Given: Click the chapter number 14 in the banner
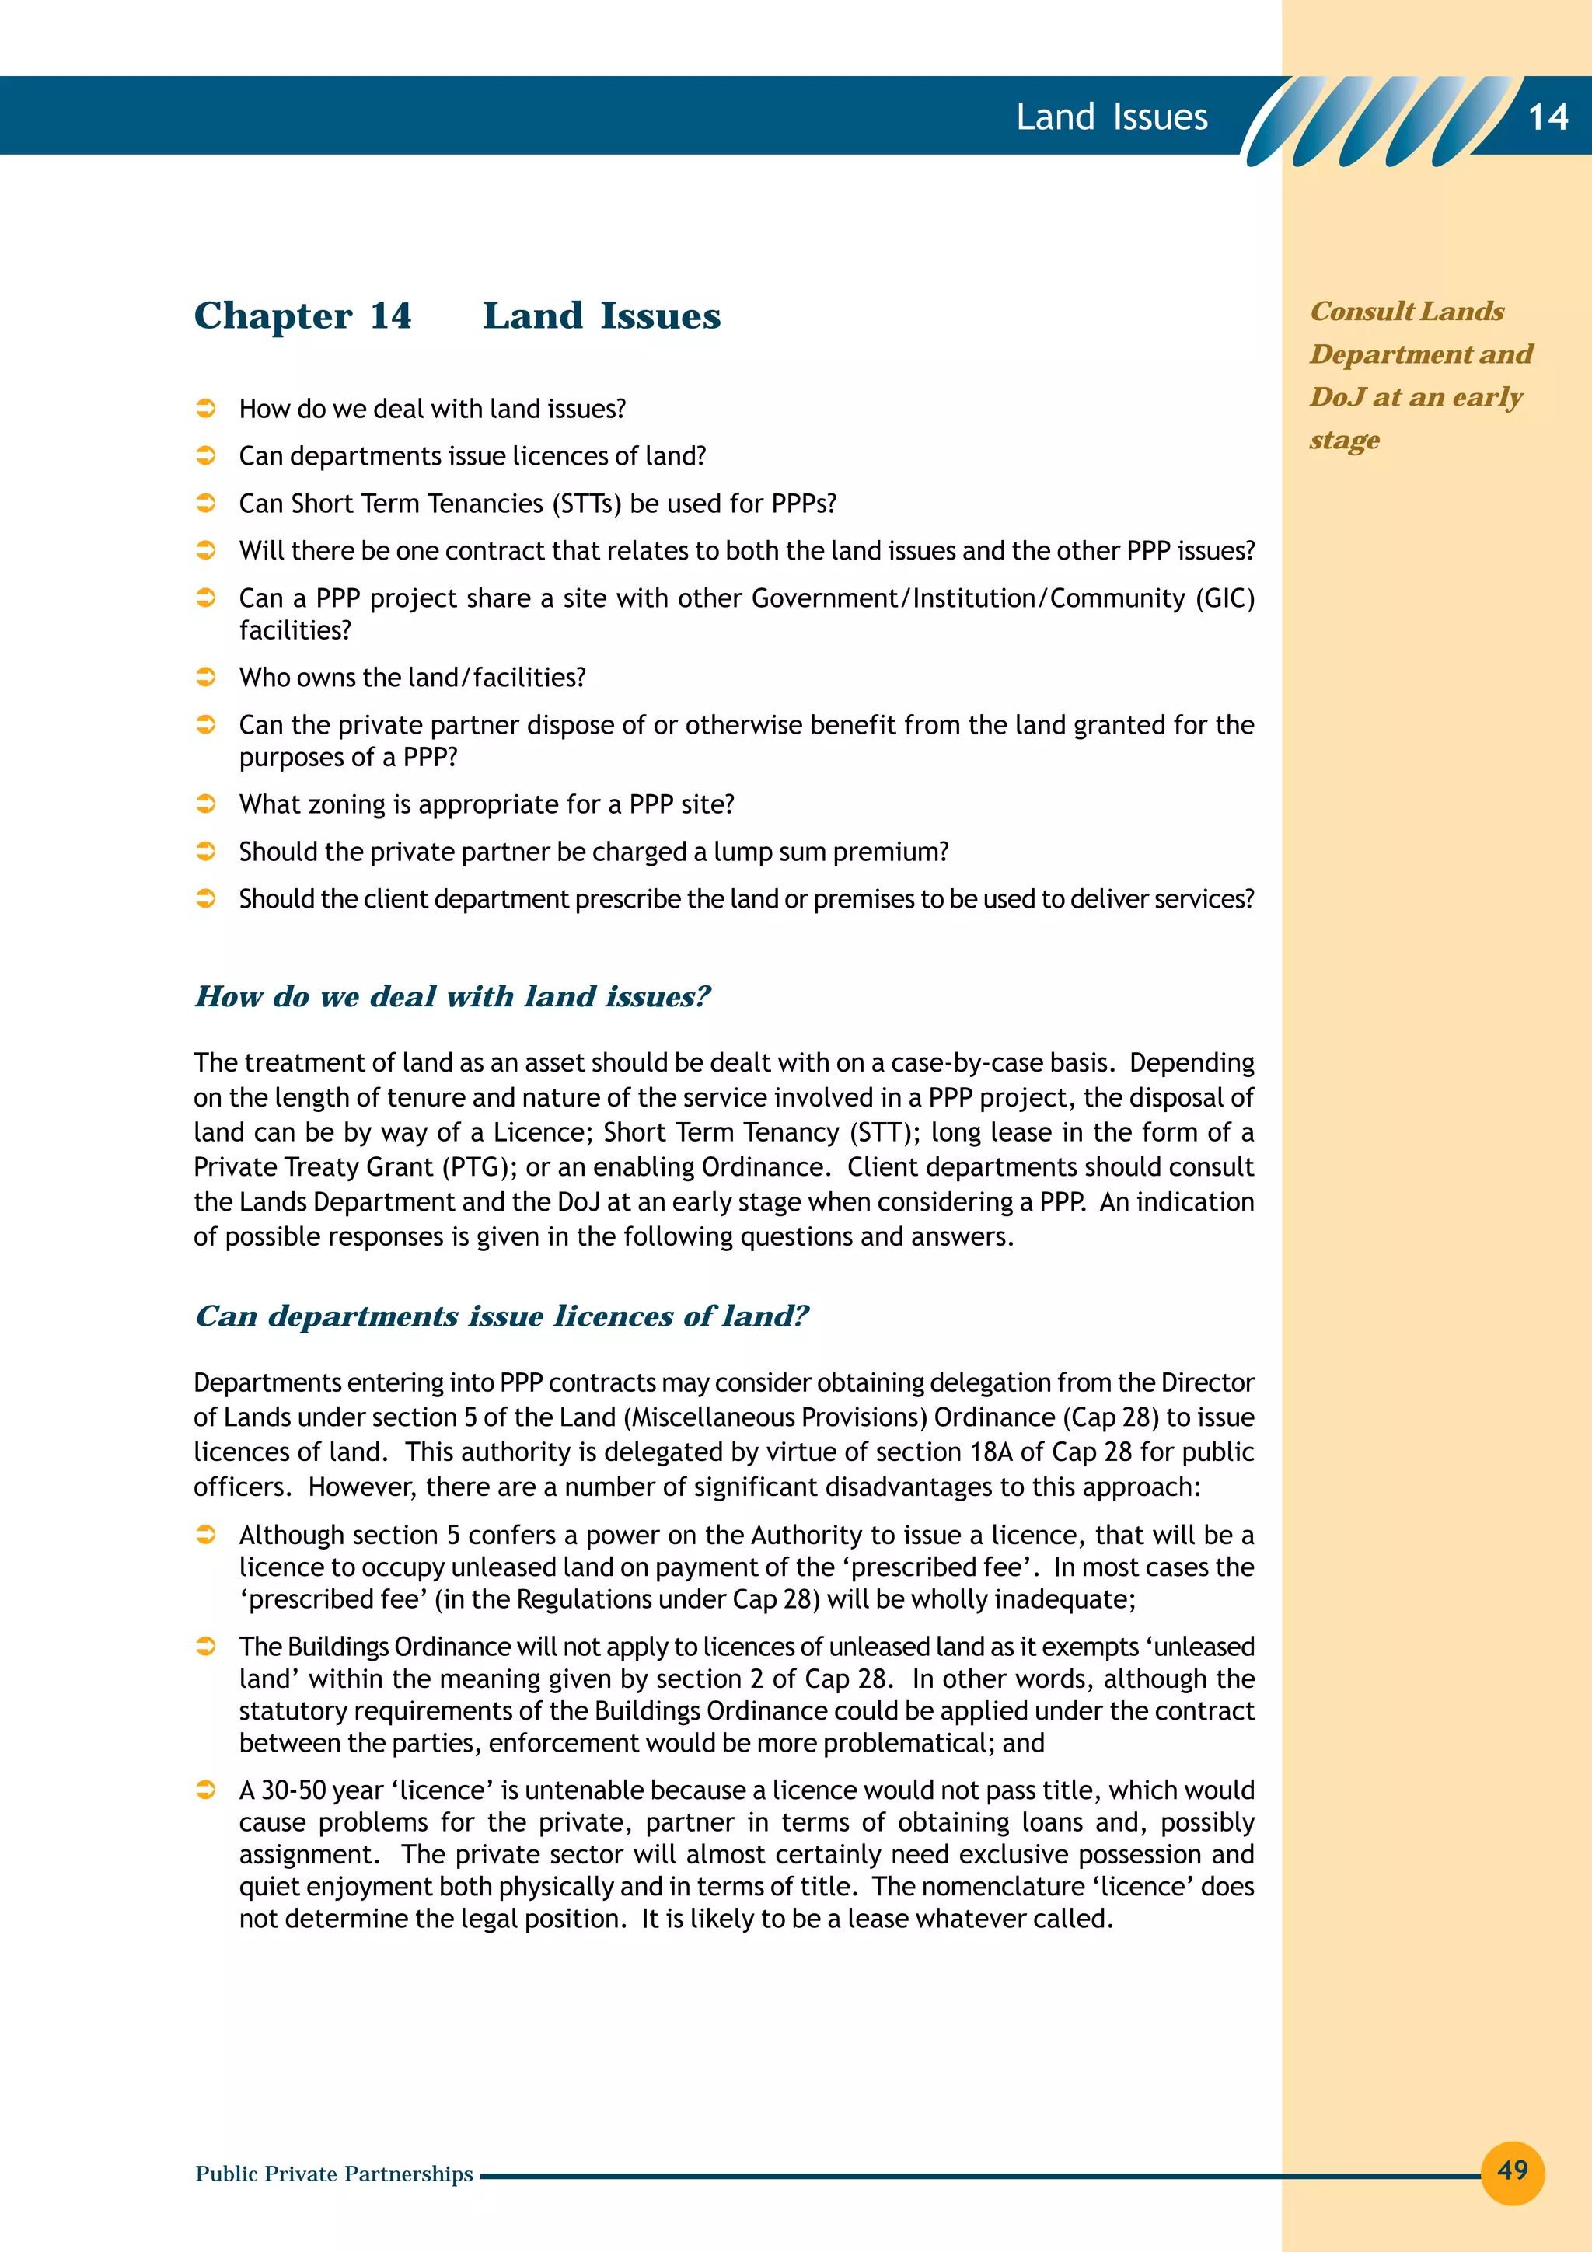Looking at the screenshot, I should tap(1548, 117).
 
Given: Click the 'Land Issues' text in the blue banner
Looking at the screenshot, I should tap(1112, 117).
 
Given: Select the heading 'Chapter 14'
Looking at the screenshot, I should tap(302, 315).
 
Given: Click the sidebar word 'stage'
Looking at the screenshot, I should tap(1344, 441).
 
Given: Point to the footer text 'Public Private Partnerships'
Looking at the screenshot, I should tap(333, 2174).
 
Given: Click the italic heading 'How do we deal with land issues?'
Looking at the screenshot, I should tap(452, 996).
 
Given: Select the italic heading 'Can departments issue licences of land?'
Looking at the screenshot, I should tap(501, 1316).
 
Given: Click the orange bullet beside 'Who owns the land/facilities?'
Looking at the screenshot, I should tap(206, 677).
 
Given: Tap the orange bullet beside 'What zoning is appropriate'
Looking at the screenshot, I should tap(206, 804).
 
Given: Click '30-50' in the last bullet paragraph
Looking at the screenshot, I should tap(292, 1790).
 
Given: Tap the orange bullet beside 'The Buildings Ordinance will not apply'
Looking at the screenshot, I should tap(206, 1646).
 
